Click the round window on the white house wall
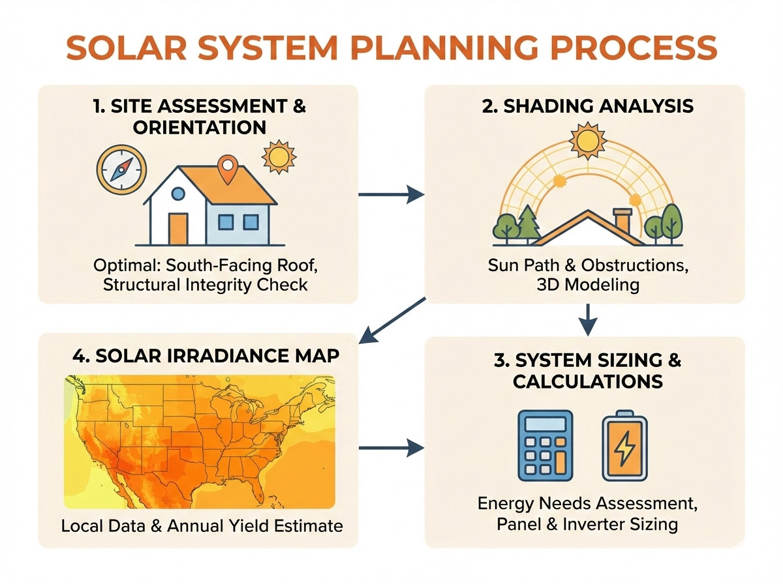click(x=177, y=194)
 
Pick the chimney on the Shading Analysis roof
click(x=622, y=222)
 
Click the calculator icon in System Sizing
click(x=545, y=445)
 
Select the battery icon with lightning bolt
click(x=624, y=446)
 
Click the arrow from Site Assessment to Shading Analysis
click(x=391, y=193)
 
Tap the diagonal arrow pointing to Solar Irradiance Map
click(x=391, y=320)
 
